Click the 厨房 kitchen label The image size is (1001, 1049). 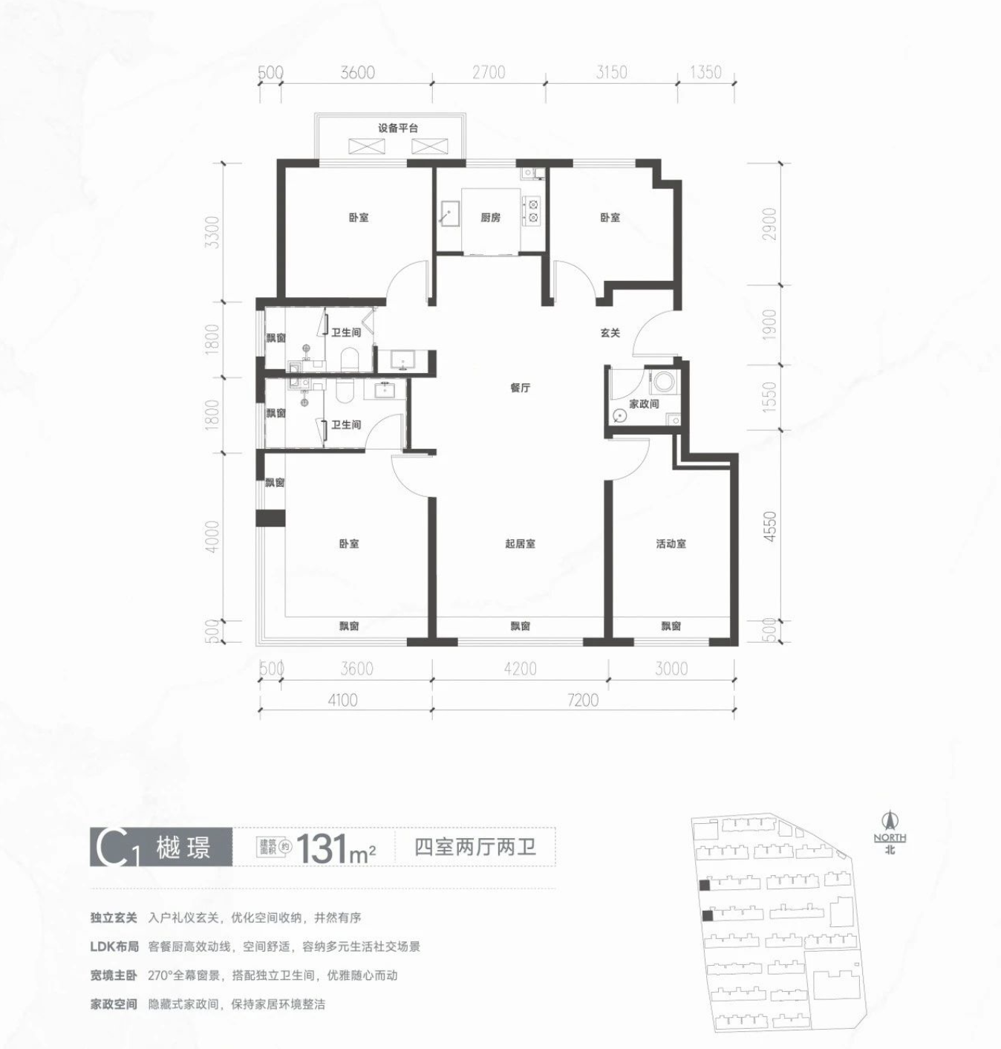(x=490, y=218)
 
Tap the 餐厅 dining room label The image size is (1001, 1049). (x=521, y=388)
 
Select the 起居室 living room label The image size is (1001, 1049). (x=520, y=544)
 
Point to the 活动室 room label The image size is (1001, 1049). (x=671, y=544)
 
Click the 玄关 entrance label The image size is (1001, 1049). (x=610, y=333)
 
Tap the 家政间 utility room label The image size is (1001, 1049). (x=644, y=403)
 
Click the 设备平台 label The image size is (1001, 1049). (x=397, y=129)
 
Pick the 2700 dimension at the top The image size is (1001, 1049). (x=489, y=72)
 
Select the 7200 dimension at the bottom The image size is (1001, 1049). (x=583, y=700)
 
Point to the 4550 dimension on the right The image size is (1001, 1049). (x=770, y=526)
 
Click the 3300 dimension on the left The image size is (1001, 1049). (x=213, y=232)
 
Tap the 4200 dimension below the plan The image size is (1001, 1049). (x=521, y=669)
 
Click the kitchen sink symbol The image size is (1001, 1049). (x=449, y=215)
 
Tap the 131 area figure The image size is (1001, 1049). (x=322, y=848)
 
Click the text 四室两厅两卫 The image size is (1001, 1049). (x=475, y=848)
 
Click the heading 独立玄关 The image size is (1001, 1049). (x=114, y=918)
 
